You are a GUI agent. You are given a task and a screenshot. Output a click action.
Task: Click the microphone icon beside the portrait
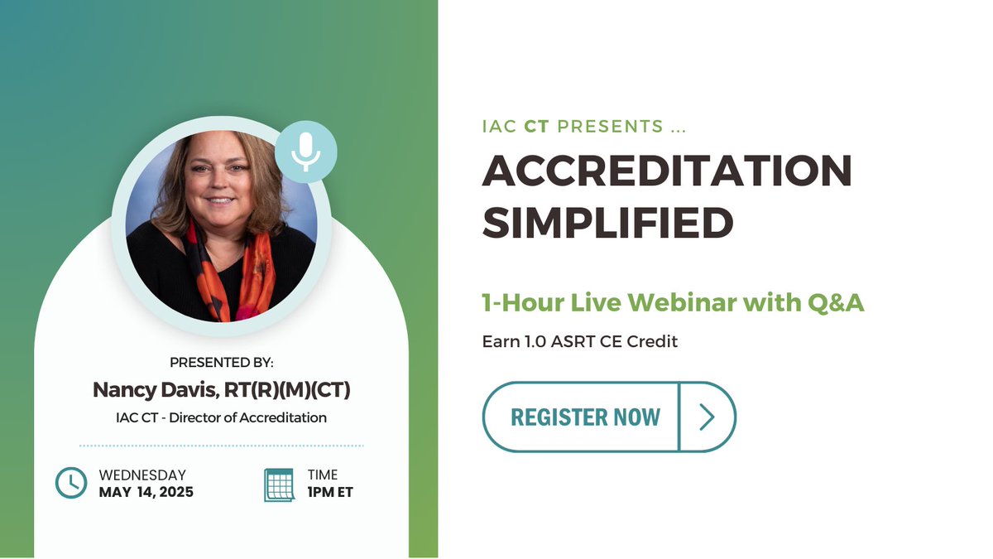tap(306, 152)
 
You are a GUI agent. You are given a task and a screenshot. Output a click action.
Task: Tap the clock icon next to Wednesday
tap(70, 484)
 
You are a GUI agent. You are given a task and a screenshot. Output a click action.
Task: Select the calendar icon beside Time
tap(279, 484)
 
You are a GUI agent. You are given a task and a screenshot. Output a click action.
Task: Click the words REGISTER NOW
tap(585, 417)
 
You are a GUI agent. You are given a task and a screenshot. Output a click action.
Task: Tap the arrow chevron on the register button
tap(707, 417)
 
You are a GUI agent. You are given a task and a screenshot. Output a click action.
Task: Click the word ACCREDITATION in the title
tap(667, 171)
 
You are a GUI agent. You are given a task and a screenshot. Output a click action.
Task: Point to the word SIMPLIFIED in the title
tap(608, 221)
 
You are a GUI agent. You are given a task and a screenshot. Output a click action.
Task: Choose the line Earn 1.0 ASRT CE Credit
tap(580, 341)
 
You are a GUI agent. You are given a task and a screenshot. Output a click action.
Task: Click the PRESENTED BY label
tap(221, 363)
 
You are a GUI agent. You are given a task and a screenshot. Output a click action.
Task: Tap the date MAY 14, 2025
tap(146, 492)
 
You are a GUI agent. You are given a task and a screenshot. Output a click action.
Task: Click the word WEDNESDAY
tap(142, 475)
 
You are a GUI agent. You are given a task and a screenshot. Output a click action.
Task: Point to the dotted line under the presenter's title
tap(221, 446)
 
